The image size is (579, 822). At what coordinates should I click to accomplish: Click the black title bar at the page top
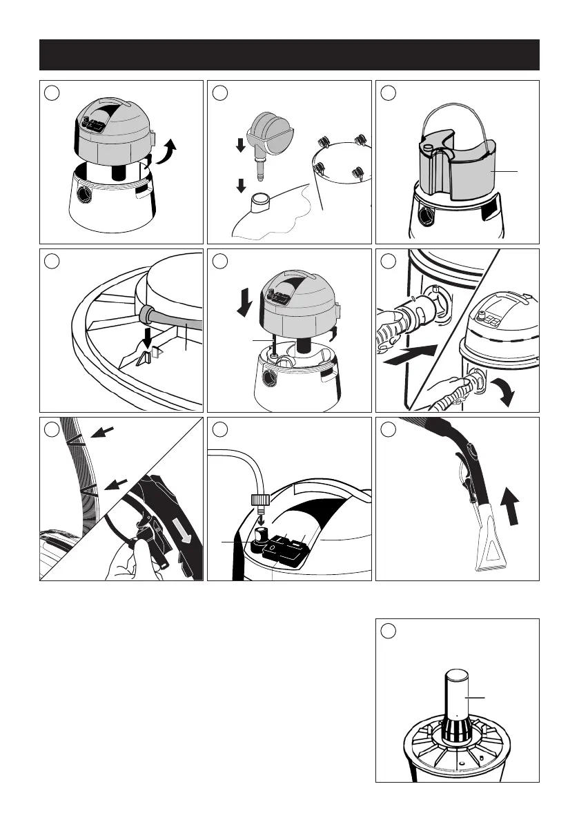click(x=289, y=55)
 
